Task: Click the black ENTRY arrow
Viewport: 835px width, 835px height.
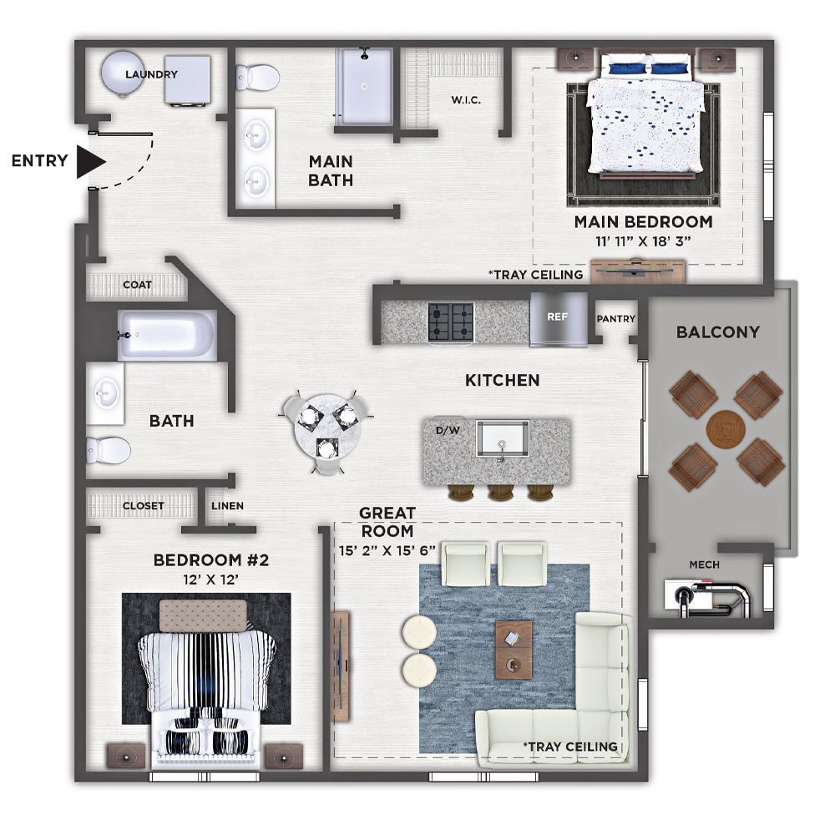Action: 90,161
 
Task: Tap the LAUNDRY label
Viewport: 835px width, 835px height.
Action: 151,74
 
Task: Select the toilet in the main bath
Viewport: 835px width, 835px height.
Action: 258,78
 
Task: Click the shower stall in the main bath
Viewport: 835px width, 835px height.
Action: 364,87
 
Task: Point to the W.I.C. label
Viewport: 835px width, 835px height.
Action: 466,99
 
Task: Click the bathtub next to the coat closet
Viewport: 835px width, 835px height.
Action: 167,335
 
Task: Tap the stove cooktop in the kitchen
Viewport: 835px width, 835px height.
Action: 451,321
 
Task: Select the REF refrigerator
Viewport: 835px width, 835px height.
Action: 558,319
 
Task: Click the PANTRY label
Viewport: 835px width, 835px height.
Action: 616,318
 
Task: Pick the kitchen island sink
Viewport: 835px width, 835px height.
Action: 502,438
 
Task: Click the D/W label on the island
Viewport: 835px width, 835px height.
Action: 448,430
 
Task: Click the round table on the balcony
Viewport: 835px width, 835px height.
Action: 726,429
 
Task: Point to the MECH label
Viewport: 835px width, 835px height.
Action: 704,564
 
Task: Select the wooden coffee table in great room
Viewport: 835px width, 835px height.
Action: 514,649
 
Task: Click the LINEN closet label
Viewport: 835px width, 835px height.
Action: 227,505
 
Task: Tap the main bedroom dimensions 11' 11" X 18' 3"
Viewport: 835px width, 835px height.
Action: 643,241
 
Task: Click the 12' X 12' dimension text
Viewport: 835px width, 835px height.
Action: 210,579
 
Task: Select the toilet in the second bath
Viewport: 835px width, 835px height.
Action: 109,450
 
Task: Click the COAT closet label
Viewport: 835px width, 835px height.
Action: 138,285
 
